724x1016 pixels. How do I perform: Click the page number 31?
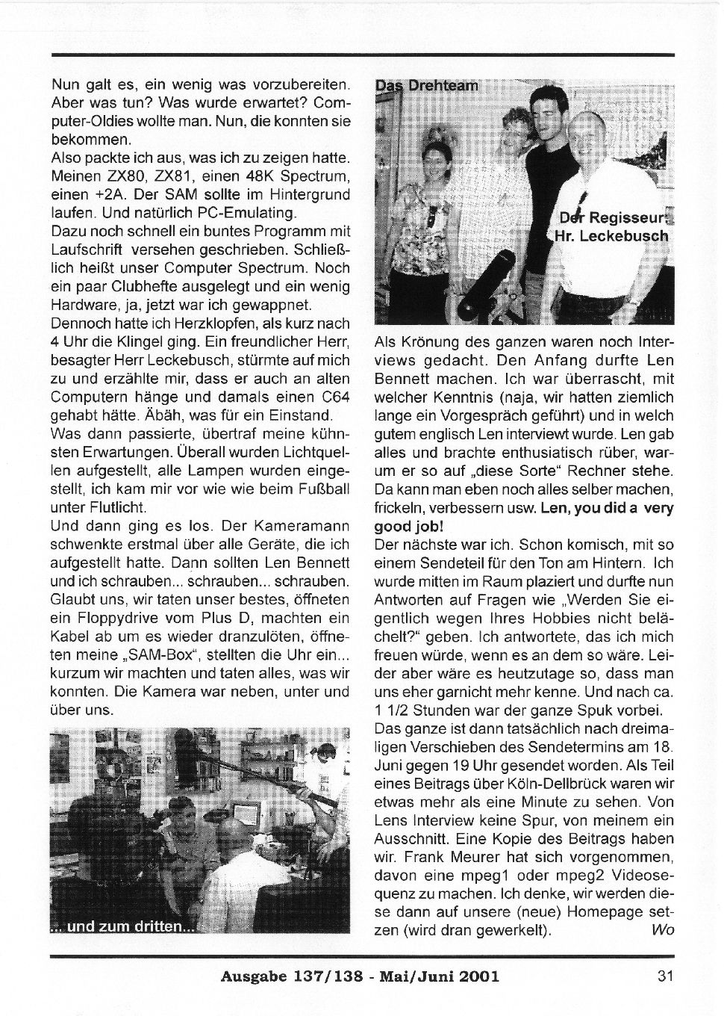coord(666,975)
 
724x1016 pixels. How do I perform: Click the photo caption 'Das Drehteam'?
coord(426,85)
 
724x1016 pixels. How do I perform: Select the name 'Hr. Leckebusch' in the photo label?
coord(611,236)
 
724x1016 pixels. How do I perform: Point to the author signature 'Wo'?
coord(662,930)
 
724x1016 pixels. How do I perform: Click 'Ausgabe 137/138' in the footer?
coord(287,975)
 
